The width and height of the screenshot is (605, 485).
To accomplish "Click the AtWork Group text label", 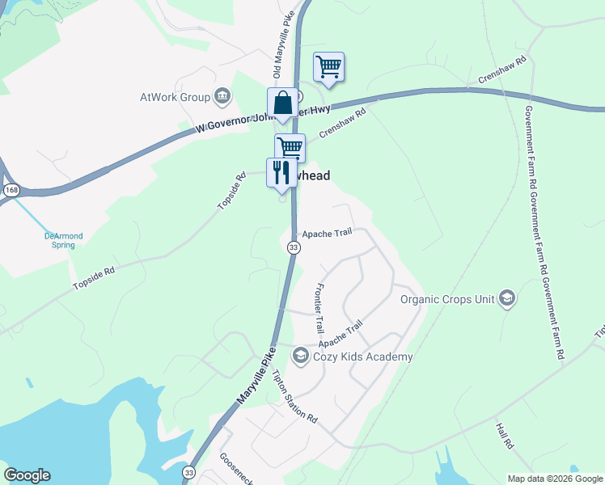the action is (x=175, y=98).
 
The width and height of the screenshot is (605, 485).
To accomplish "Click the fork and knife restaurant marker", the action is (x=281, y=172).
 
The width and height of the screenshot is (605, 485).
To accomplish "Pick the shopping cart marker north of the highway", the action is (x=328, y=66).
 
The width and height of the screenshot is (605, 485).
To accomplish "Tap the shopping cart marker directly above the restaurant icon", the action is (x=290, y=148).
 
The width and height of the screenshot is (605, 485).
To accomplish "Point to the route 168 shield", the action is (x=11, y=190).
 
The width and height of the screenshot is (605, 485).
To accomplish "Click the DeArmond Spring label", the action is (x=63, y=240).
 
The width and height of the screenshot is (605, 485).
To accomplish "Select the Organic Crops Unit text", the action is (x=447, y=299).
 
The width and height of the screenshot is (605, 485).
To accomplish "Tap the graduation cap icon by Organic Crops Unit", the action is (x=507, y=299).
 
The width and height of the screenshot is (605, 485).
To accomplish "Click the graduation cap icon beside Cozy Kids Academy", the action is (x=300, y=356).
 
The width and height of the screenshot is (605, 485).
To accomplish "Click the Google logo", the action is (x=27, y=475).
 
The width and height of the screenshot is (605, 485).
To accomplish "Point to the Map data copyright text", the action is (x=555, y=479).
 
